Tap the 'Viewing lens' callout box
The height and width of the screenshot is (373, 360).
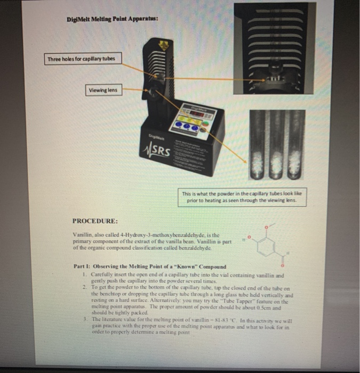[x=103, y=90]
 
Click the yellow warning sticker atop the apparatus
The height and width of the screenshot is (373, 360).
[x=166, y=45]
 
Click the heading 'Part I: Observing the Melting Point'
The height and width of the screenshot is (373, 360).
[x=149, y=266]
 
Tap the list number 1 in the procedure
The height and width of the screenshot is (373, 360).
[x=85, y=273]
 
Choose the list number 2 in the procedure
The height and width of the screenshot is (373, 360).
[x=85, y=287]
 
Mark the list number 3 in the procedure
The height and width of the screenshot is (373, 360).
[x=85, y=319]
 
